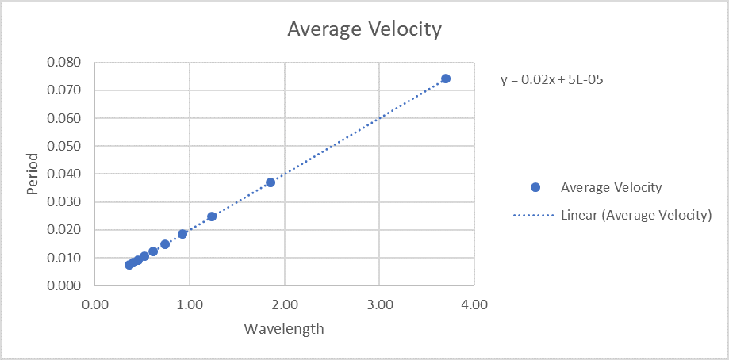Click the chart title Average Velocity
(364, 30)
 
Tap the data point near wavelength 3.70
(446, 79)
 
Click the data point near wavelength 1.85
(270, 182)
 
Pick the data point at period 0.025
(212, 216)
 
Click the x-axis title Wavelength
(284, 328)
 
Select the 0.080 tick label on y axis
(64, 63)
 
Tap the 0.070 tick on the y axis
(64, 90)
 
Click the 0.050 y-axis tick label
(64, 146)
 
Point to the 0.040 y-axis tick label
(64, 174)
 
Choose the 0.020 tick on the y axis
(64, 230)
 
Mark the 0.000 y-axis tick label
(64, 285)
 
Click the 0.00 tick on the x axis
(95, 304)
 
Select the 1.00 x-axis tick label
(190, 304)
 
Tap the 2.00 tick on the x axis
(285, 304)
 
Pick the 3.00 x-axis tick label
(379, 304)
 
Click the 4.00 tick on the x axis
(474, 304)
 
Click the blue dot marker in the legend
(535, 188)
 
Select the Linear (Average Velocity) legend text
(636, 215)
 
